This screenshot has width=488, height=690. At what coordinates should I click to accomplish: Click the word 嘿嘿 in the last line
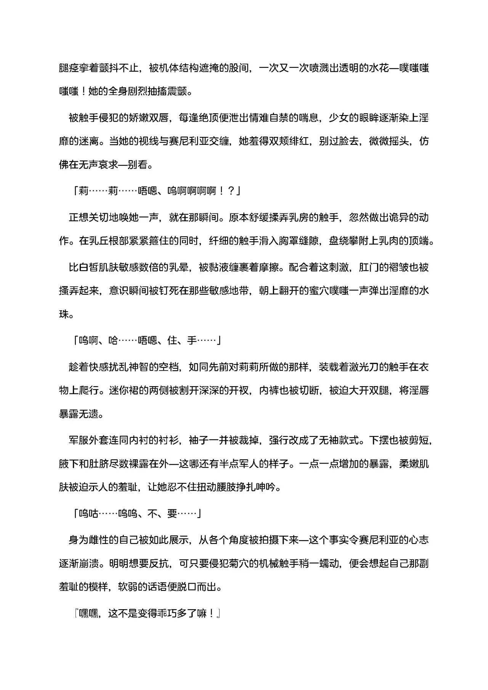[x=89, y=614]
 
